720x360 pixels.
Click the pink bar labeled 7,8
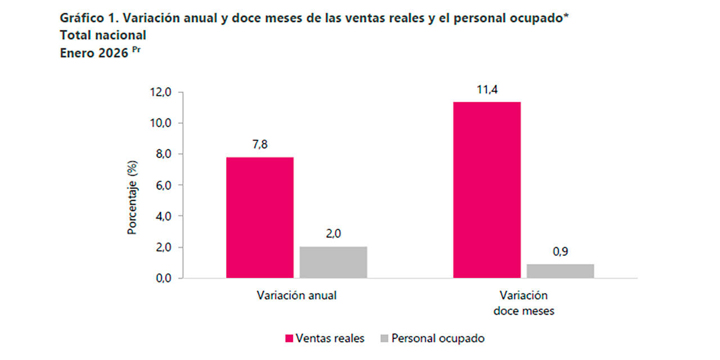260,217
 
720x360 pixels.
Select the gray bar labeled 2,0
333,262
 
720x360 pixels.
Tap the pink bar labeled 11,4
487,190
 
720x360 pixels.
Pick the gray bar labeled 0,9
560,271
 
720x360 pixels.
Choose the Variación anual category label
296,295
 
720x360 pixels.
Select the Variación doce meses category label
524,303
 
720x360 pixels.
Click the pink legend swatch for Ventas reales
289,339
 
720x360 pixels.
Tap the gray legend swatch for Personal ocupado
385,339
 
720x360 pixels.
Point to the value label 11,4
487,89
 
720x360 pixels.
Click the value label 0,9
560,252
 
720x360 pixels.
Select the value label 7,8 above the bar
260,145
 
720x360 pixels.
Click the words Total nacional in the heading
103,35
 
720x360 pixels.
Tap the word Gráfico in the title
79,17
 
